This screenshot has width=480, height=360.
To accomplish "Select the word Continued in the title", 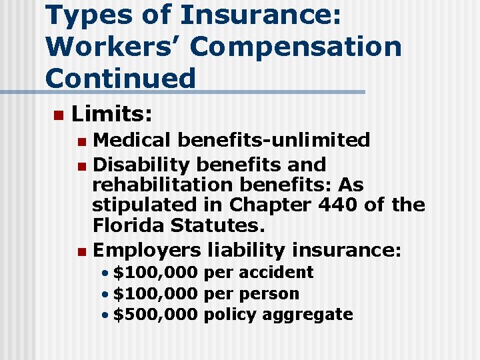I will pyautogui.click(x=121, y=78).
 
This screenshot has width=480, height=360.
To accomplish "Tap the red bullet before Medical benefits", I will pyautogui.click(x=81, y=141).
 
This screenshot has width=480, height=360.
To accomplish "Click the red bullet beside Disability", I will pyautogui.click(x=81, y=165).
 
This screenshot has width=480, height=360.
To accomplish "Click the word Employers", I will pyautogui.click(x=147, y=250).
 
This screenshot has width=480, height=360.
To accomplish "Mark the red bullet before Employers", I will pyautogui.click(x=81, y=251).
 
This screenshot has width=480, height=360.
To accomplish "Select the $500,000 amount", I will pyautogui.click(x=155, y=314).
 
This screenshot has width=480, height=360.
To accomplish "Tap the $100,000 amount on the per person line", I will pyautogui.click(x=155, y=293).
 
